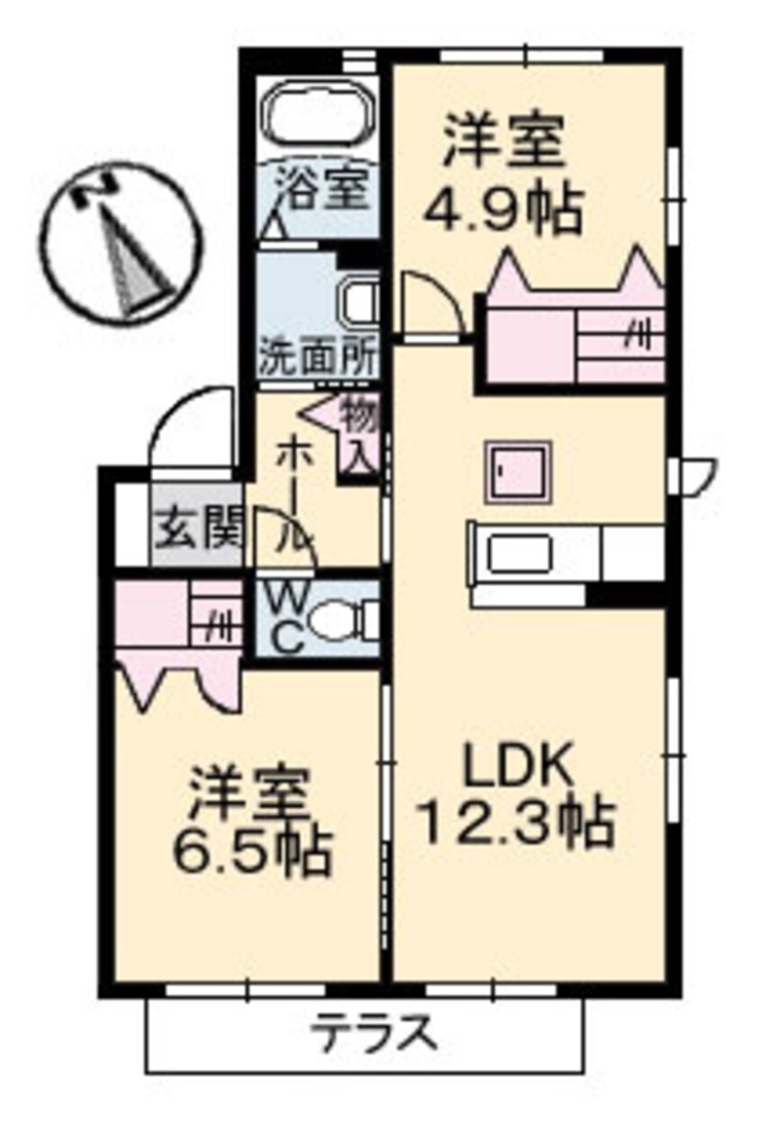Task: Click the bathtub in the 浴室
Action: pyautogui.click(x=317, y=118)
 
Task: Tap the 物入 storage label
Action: pyautogui.click(x=358, y=435)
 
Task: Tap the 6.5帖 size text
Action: pyautogui.click(x=249, y=851)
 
